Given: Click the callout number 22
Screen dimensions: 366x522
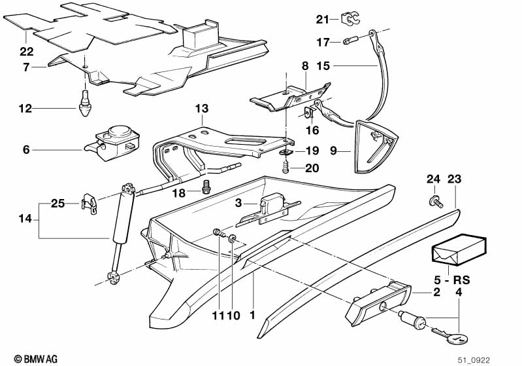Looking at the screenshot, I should click(x=25, y=50).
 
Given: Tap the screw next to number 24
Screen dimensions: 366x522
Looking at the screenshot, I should click(x=434, y=199).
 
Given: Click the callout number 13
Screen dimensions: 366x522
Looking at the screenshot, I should click(x=201, y=108).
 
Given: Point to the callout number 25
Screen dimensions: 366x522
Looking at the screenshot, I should click(x=58, y=204).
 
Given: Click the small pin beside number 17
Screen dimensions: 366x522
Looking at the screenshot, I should click(x=350, y=43).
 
